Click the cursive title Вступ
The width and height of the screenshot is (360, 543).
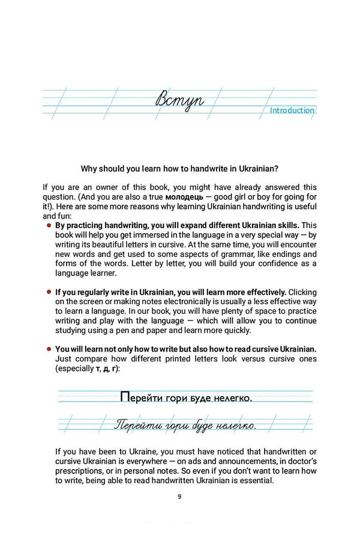point(179,100)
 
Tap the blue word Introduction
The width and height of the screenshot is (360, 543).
point(292,110)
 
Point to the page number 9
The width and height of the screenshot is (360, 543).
point(179,496)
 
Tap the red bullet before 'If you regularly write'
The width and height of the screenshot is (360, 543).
point(48,292)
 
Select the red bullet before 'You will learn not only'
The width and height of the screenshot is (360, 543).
point(48,349)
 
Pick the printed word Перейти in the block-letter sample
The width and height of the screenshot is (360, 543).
point(141,397)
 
